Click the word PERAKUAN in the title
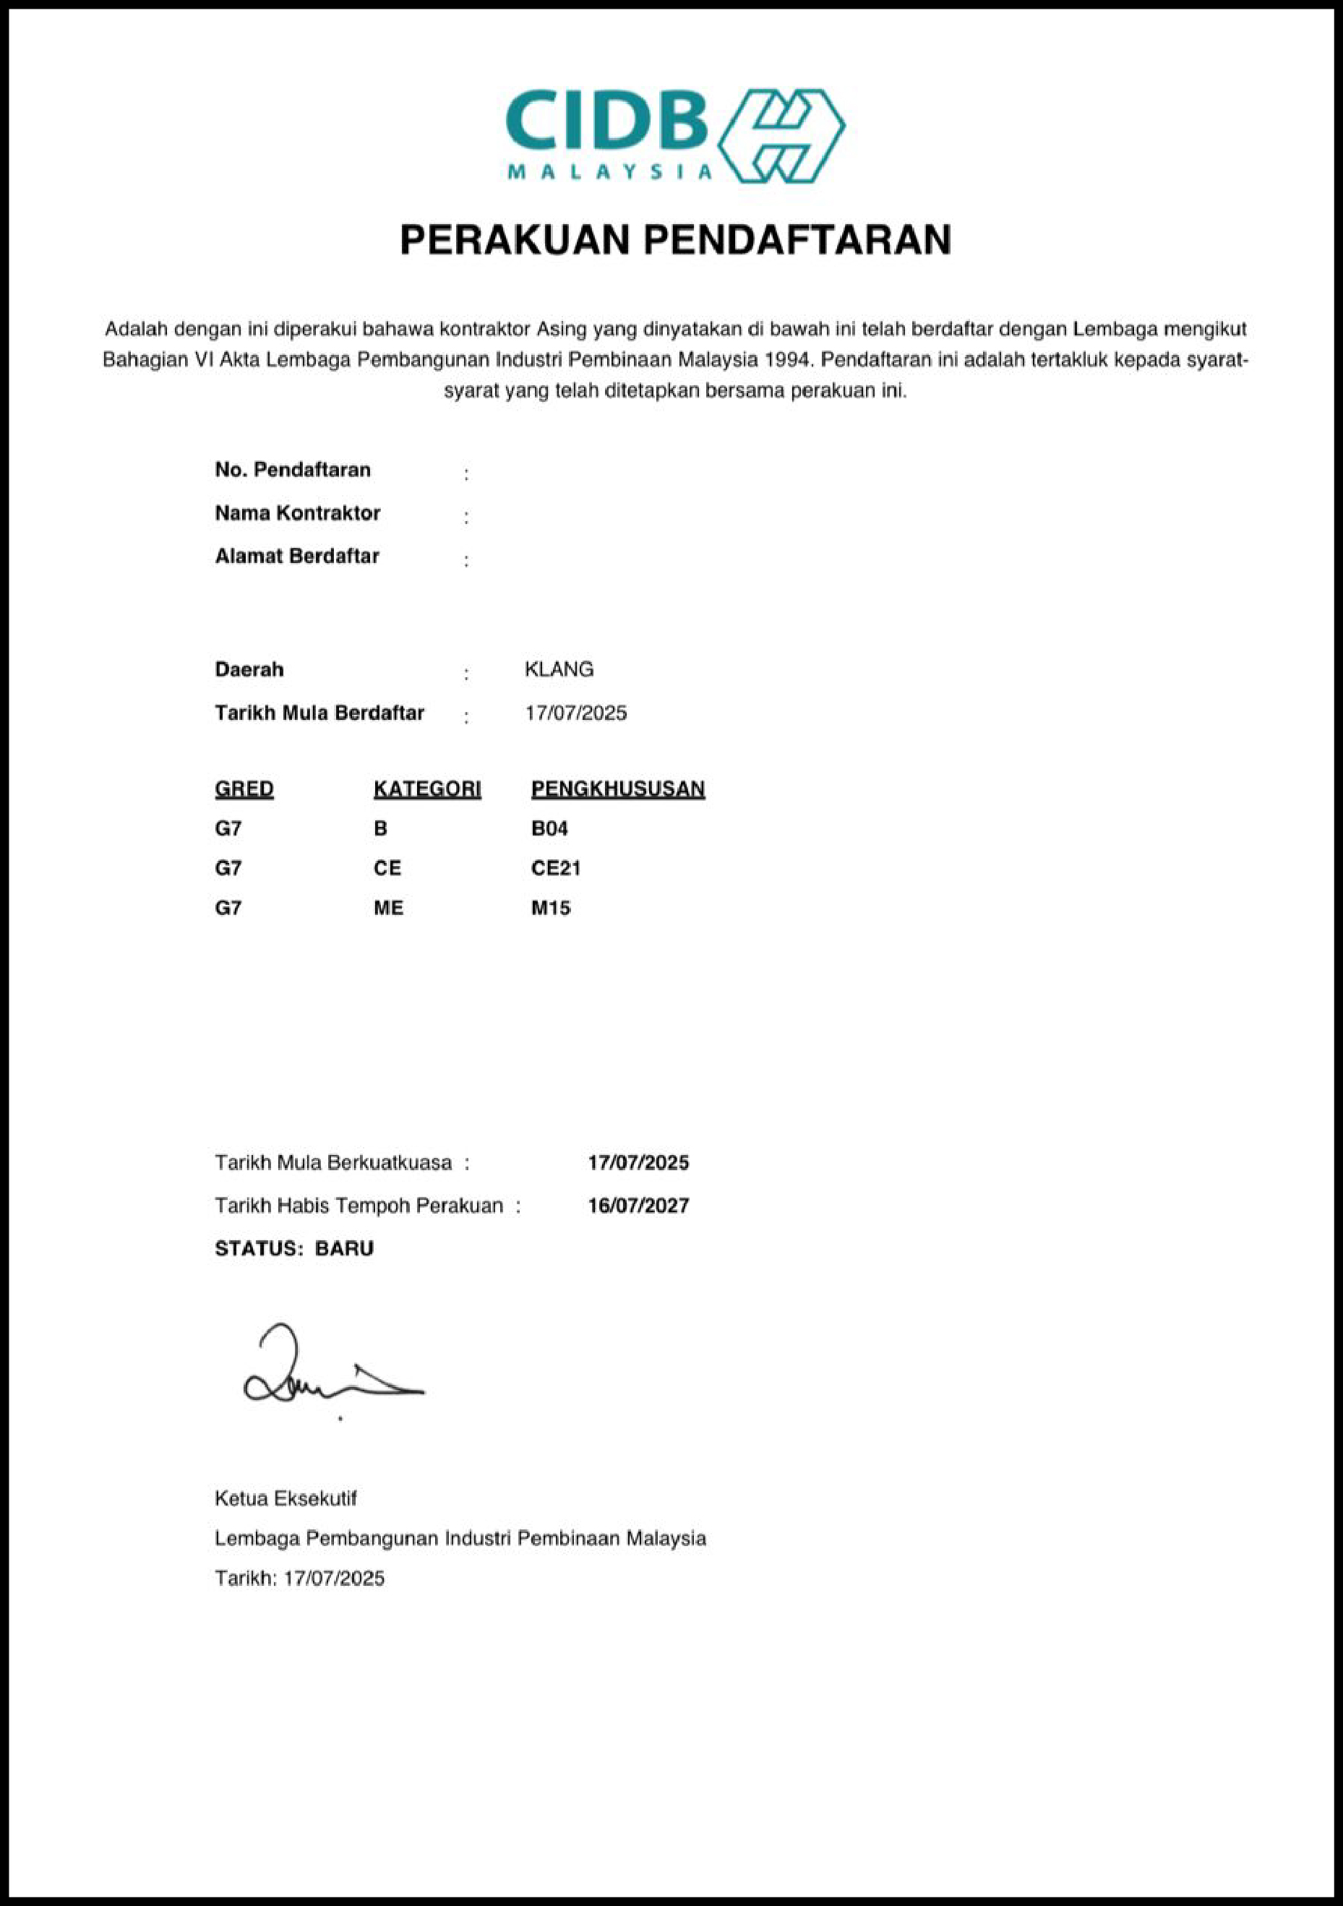(514, 240)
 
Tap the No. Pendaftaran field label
(292, 470)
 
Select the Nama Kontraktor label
(297, 513)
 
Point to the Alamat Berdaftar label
(296, 557)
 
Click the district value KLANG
(559, 669)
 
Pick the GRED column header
(244, 789)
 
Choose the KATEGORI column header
(426, 789)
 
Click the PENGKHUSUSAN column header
(617, 789)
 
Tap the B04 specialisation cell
(549, 828)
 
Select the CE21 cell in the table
(555, 868)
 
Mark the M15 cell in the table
(550, 908)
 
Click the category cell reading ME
(387, 908)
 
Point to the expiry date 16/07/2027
(638, 1206)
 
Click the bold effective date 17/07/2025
(638, 1162)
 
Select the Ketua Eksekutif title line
(286, 1498)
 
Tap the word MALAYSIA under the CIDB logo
(609, 172)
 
